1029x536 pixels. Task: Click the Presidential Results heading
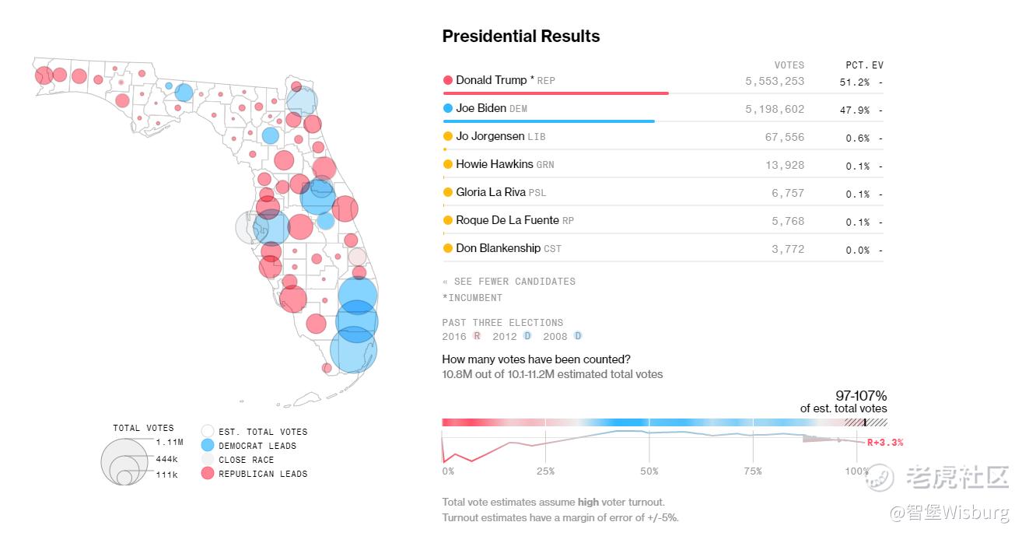click(x=520, y=37)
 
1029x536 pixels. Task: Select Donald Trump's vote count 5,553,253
click(x=774, y=81)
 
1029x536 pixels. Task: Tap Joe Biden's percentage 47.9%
click(x=854, y=110)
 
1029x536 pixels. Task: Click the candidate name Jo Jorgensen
click(x=490, y=136)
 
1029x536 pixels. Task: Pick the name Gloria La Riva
click(x=491, y=192)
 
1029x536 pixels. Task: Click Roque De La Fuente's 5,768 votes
click(x=788, y=221)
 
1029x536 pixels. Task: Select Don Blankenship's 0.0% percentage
click(x=857, y=250)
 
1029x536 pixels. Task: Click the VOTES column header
click(x=789, y=65)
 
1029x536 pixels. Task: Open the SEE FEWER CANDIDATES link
click(x=514, y=282)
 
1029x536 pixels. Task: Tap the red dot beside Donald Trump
click(x=448, y=80)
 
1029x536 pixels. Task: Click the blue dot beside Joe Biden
click(x=448, y=108)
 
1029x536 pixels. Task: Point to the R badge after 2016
click(x=477, y=336)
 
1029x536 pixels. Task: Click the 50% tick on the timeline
click(x=649, y=471)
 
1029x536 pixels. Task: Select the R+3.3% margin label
click(x=885, y=443)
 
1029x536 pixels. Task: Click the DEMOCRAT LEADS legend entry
click(x=257, y=446)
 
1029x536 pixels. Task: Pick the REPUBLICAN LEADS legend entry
click(x=262, y=474)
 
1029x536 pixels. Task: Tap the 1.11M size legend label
click(x=168, y=442)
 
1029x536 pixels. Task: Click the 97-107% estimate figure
click(x=860, y=396)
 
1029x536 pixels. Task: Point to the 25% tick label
click(x=545, y=471)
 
